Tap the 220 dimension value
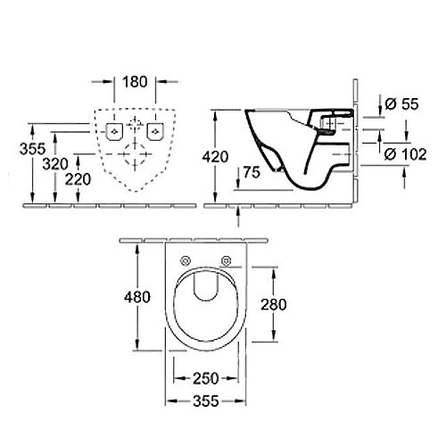coord(81,178)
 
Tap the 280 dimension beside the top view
coord(274,304)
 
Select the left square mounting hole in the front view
coord(115,131)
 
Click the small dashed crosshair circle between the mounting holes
coord(135,123)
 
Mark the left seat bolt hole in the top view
coord(186,260)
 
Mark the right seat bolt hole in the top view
coord(227,260)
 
